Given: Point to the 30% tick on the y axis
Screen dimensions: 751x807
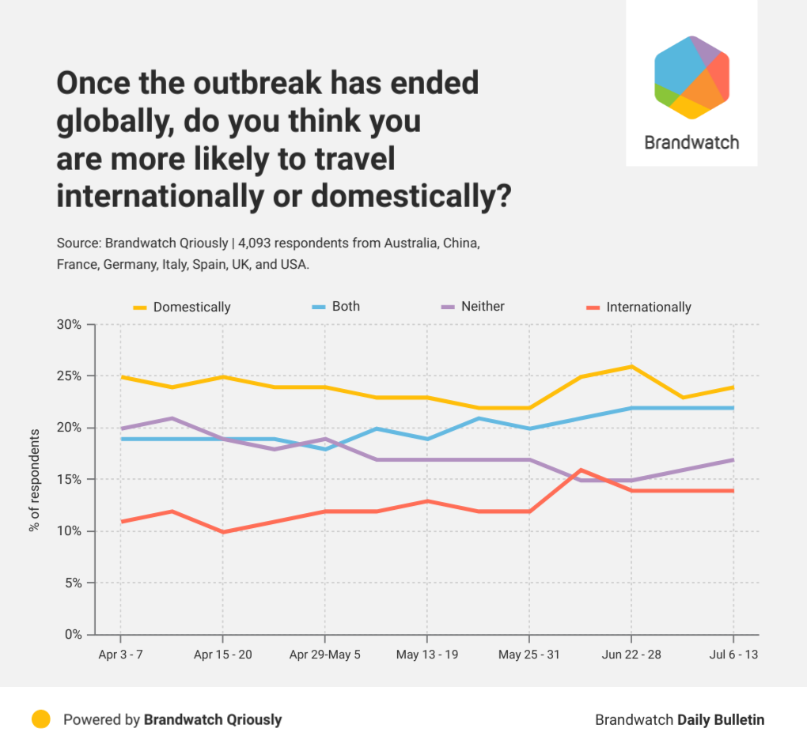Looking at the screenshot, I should [70, 324].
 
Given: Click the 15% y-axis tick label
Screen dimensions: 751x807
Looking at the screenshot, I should [70, 479].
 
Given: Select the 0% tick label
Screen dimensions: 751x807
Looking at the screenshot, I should [73, 634].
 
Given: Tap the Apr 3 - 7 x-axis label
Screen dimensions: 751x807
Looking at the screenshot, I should [120, 655].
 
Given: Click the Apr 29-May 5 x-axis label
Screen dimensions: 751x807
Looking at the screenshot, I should [324, 655].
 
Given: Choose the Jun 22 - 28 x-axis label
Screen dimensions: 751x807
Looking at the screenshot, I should [631, 655].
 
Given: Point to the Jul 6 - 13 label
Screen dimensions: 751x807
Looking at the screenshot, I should [733, 655].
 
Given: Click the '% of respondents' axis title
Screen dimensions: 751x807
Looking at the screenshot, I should [34, 480].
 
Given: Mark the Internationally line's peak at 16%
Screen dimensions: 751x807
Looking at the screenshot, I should [581, 470].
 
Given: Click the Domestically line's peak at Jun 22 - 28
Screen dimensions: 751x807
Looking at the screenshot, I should [631, 366].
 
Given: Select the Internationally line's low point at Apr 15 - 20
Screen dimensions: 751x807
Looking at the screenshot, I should [222, 531].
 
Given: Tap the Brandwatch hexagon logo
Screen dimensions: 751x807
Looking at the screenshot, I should [691, 77].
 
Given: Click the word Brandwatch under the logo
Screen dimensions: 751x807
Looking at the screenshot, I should [691, 143].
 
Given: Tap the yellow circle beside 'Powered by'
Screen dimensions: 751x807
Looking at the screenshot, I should [41, 719].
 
